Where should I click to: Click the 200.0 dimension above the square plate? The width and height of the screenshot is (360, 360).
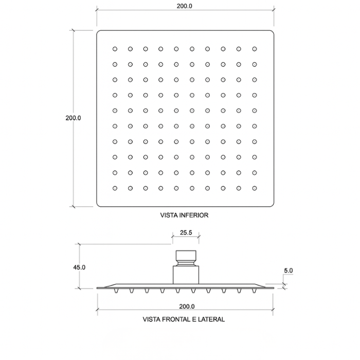pos(184,6)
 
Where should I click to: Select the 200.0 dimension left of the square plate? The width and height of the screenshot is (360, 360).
pos(73,118)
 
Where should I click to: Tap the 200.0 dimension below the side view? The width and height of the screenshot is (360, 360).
pos(187,307)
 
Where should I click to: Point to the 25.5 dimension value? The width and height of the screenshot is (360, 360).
pos(186,232)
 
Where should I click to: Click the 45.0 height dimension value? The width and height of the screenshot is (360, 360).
pos(79,267)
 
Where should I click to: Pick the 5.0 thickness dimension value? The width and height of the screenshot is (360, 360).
pos(289,271)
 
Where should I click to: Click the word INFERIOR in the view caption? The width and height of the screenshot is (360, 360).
pos(193,215)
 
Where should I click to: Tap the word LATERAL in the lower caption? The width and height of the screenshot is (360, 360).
pos(211,319)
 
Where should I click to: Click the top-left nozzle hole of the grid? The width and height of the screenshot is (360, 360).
pos(115,49)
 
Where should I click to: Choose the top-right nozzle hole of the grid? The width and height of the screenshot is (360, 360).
pos(255,49)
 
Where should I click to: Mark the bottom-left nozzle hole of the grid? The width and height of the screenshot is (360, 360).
pos(115,188)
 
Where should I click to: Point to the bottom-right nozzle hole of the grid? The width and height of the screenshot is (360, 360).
pos(255,188)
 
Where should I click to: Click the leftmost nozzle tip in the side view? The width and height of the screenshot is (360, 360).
pos(116,291)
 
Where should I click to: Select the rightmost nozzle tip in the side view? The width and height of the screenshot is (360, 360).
pos(254,291)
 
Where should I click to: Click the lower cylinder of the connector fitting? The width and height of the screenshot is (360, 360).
pos(186,275)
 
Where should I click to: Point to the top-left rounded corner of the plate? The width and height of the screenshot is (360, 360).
pos(98,32)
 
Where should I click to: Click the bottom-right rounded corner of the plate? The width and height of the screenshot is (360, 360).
pos(272,205)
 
